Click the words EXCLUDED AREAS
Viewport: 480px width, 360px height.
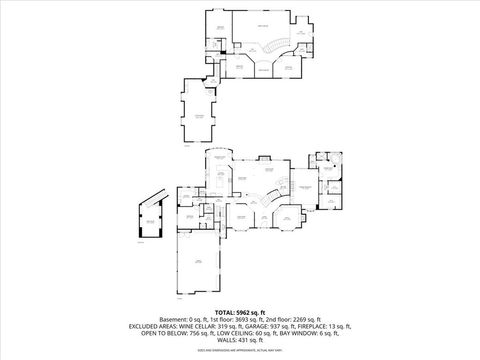pos(156,326)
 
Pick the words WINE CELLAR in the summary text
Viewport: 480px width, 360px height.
pos(209,326)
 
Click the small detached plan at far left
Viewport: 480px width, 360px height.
pos(149,222)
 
